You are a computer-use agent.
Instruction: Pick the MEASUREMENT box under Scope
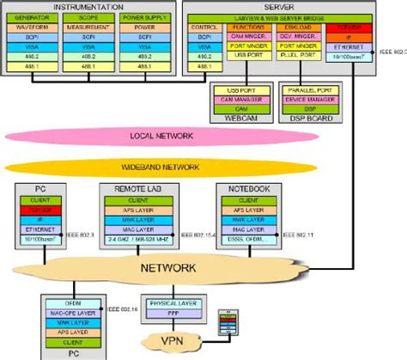[x=87, y=27]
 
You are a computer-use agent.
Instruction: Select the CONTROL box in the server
[x=206, y=27]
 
